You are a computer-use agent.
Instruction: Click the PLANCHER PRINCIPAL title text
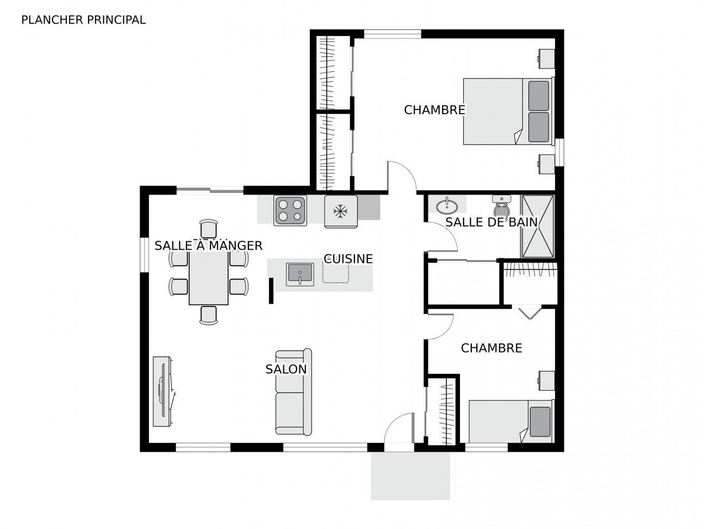(83, 20)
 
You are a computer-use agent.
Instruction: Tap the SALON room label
(286, 369)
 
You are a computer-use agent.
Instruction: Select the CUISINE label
(348, 259)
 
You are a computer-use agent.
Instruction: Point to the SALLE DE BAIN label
(491, 222)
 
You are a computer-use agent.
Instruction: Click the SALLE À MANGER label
(208, 245)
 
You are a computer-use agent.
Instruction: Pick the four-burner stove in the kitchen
(290, 210)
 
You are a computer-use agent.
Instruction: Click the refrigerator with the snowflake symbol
(341, 211)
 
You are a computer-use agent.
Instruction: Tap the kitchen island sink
(300, 274)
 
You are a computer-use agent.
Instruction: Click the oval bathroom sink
(447, 206)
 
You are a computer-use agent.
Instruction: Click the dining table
(208, 278)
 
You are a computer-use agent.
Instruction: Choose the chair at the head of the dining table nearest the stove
(208, 229)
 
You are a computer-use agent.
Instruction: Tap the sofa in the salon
(294, 392)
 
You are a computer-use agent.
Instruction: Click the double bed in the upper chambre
(509, 111)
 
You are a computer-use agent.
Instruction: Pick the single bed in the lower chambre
(512, 421)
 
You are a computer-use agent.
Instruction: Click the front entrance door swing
(400, 428)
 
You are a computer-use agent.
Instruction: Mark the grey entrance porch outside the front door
(410, 476)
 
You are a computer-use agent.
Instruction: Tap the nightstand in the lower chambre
(546, 381)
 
